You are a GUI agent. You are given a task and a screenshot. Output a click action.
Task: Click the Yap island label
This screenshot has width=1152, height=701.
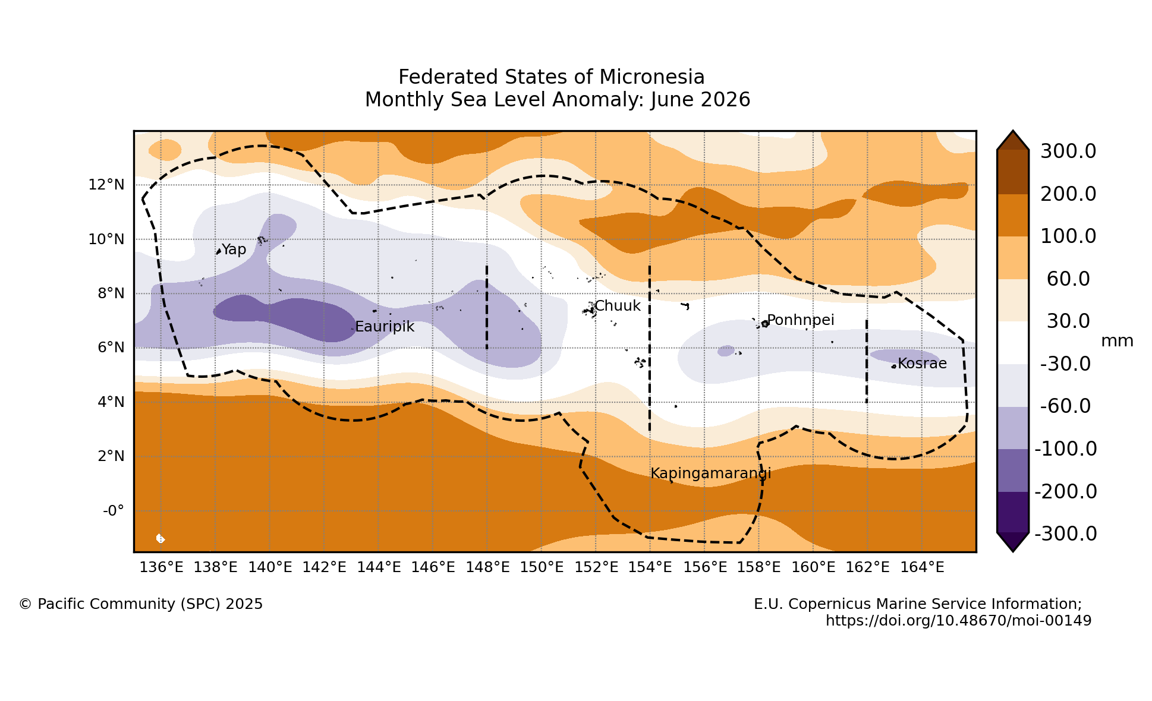point(234,250)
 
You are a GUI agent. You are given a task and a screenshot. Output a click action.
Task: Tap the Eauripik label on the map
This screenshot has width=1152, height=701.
point(385,327)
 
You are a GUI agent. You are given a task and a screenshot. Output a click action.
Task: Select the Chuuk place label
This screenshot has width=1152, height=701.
point(618,306)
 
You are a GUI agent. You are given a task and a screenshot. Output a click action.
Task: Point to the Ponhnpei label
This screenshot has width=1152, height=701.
point(801,320)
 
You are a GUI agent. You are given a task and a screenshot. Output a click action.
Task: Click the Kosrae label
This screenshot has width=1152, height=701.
point(922,363)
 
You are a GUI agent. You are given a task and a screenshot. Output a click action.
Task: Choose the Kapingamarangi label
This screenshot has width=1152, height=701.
point(711,473)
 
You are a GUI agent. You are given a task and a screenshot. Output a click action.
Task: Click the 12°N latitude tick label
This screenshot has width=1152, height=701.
point(106,185)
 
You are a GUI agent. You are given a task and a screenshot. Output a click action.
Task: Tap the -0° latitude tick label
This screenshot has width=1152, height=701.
point(114,511)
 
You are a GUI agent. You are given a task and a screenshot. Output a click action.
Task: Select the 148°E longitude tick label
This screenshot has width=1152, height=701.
point(487,567)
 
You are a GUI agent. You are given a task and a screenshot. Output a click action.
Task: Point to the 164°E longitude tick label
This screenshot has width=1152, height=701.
point(922,567)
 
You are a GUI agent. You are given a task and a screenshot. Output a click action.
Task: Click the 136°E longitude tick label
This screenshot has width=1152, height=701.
point(162,567)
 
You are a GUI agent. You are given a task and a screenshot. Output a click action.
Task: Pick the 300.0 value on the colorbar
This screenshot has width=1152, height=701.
point(1068,151)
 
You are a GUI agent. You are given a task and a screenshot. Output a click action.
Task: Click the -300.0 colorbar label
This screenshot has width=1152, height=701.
point(1066,534)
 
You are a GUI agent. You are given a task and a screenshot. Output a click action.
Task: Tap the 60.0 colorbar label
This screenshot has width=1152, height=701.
point(1068,279)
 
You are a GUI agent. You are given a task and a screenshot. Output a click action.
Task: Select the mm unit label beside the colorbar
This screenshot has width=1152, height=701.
point(1118,342)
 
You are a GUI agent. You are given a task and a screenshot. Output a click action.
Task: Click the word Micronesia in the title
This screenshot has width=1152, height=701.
point(652,77)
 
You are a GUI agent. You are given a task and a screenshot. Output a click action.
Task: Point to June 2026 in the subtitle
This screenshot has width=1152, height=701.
point(700,100)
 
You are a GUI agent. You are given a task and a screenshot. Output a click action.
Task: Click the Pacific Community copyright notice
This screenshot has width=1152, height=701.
point(141,604)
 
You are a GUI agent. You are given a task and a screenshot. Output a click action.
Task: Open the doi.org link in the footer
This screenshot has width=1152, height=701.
point(959,621)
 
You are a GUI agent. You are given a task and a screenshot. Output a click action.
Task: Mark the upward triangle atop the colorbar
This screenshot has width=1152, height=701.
point(1013,141)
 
